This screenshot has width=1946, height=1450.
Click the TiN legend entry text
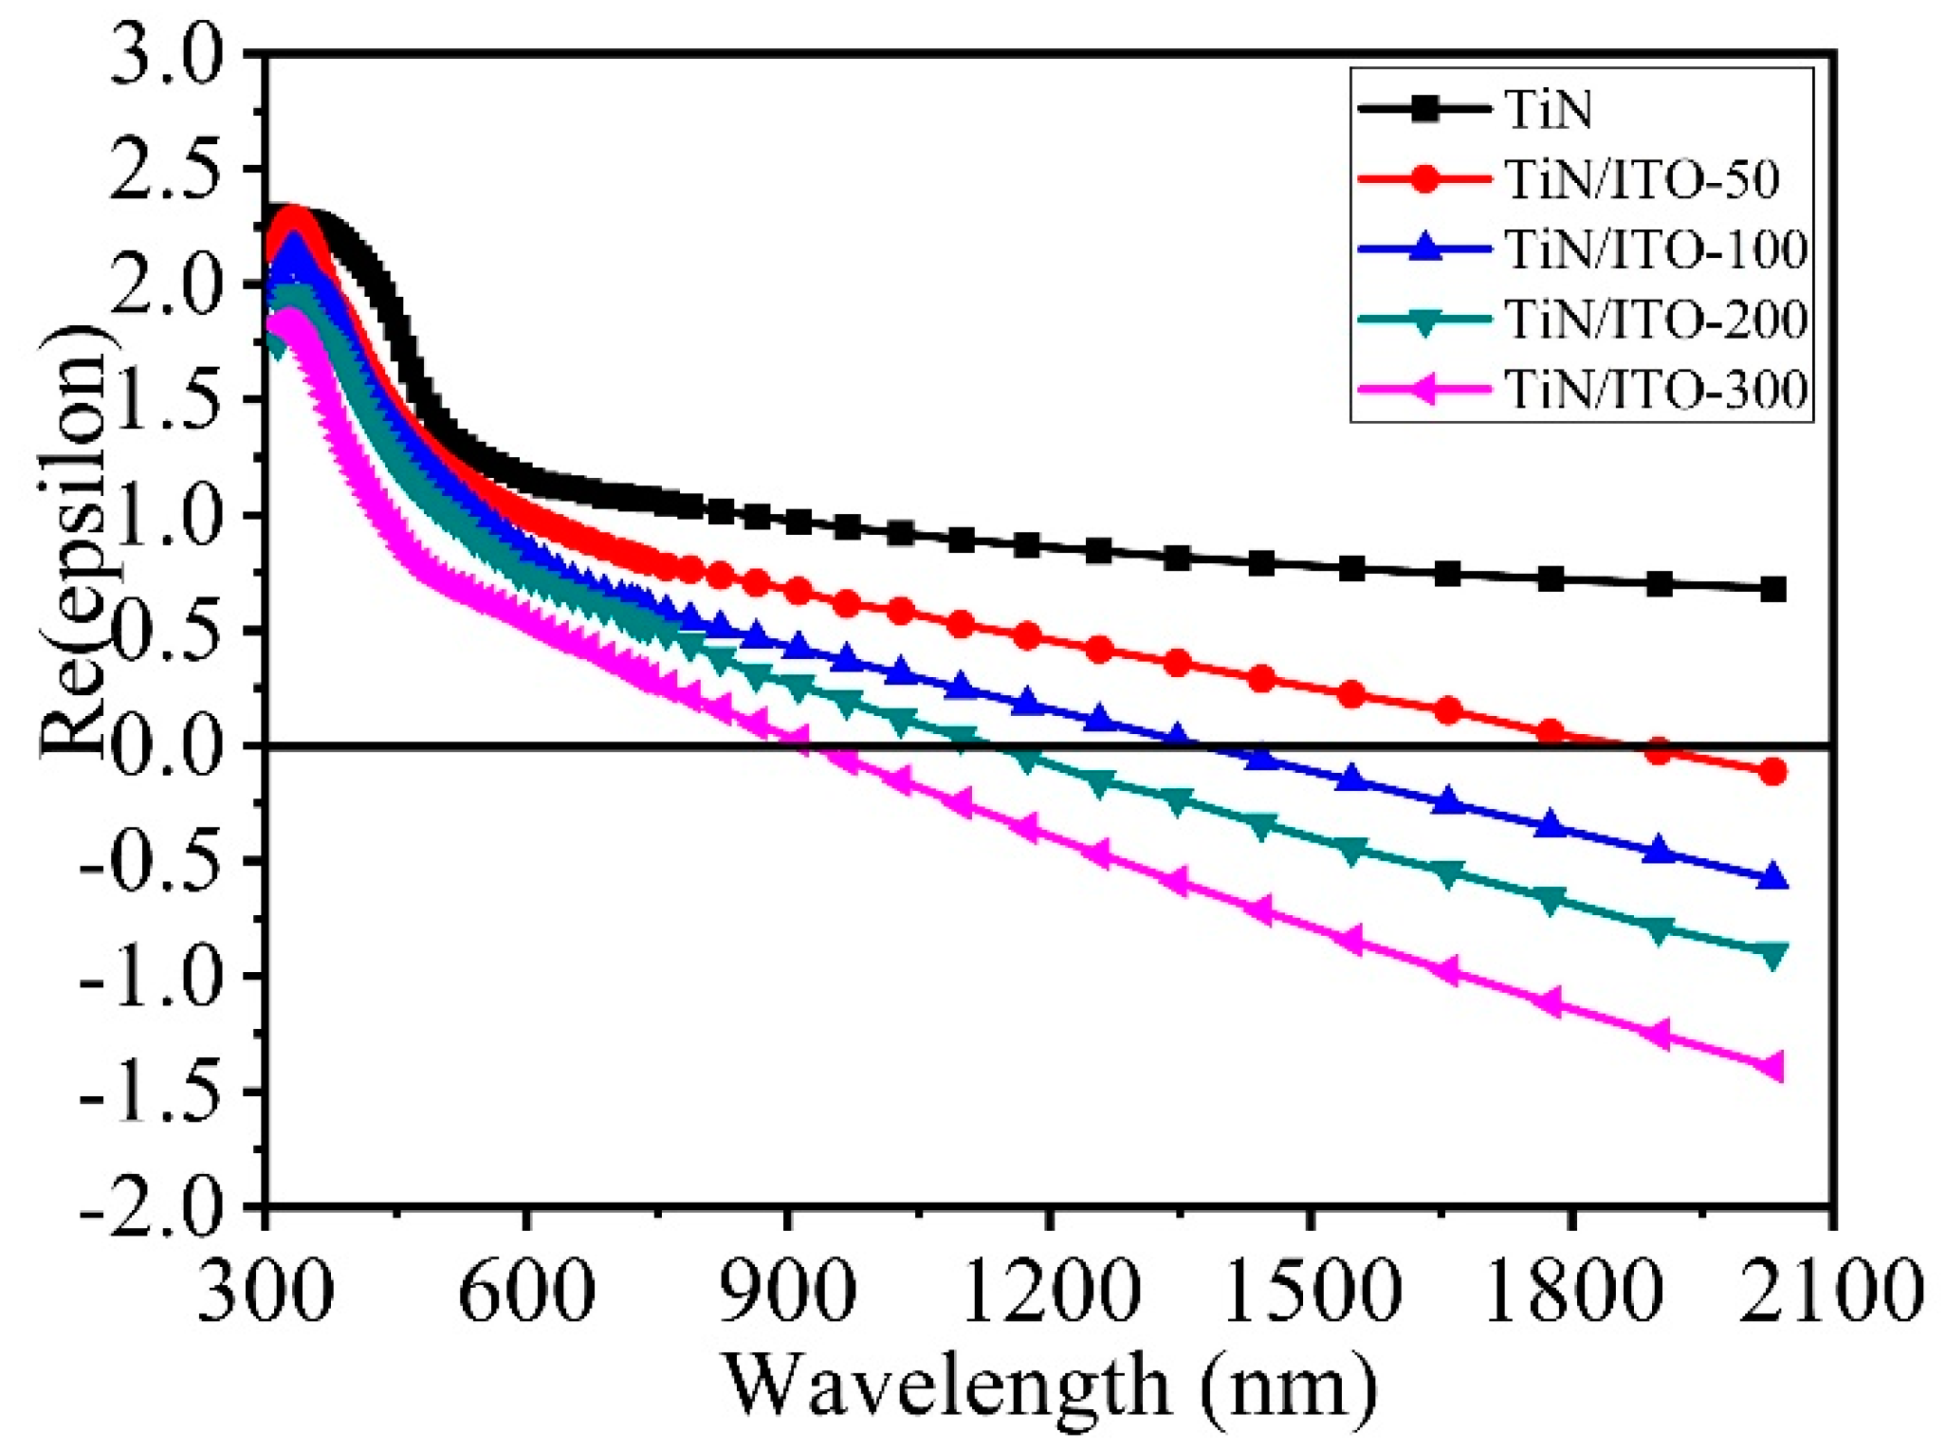coord(1548,111)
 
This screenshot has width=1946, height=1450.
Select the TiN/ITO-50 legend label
coord(1642,180)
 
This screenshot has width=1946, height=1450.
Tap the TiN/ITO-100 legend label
coord(1656,249)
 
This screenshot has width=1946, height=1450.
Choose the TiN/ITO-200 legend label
coord(1656,320)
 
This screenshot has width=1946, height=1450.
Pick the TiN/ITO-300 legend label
coord(1656,389)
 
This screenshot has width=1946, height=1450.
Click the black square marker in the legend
coord(1423,110)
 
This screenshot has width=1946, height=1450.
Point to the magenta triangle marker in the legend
coord(1422,389)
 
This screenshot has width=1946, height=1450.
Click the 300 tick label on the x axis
coord(266,1292)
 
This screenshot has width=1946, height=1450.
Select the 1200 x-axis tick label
coord(1049,1292)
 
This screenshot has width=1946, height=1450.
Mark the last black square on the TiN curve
coord(1772,590)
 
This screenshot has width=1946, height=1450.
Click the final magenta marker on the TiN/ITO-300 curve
coord(1771,1067)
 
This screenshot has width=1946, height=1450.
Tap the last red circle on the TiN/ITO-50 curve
coord(1772,772)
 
